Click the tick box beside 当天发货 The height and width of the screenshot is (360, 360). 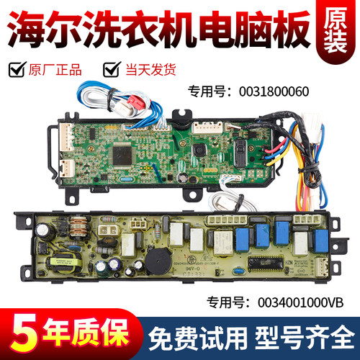tap(112, 70)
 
